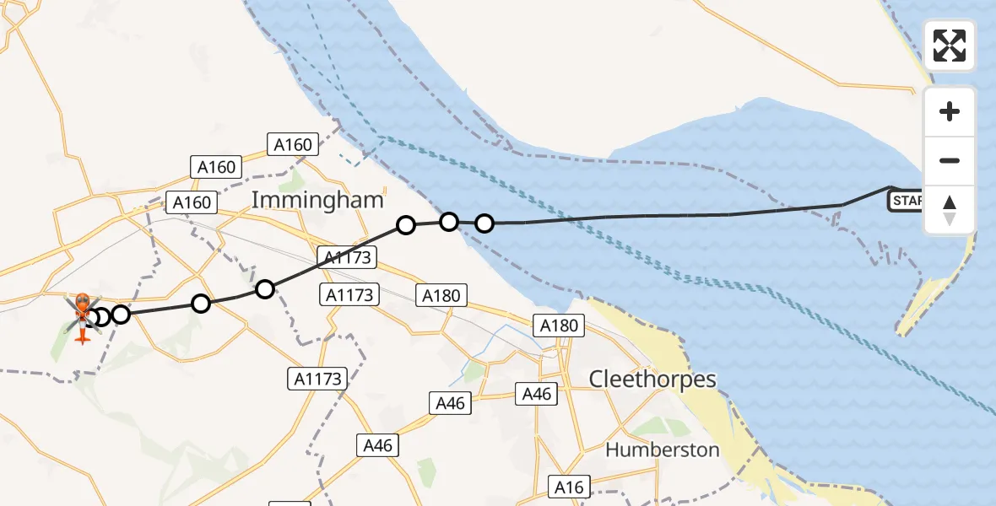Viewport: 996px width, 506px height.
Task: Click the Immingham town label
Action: click(318, 201)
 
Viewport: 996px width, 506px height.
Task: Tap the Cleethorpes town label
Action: click(652, 379)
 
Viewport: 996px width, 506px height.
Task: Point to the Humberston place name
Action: click(662, 449)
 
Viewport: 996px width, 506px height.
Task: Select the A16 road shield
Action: click(569, 487)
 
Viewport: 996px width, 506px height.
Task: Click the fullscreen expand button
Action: click(950, 46)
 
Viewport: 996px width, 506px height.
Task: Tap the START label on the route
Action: click(906, 202)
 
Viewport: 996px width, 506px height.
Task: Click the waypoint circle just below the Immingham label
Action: click(406, 225)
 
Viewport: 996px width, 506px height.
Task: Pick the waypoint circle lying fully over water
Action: click(484, 223)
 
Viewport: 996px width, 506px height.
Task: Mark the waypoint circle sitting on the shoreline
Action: click(449, 222)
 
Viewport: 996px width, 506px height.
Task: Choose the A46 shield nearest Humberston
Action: click(537, 394)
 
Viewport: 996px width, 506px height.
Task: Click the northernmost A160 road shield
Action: click(293, 145)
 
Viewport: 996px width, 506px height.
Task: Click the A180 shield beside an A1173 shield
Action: click(441, 295)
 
